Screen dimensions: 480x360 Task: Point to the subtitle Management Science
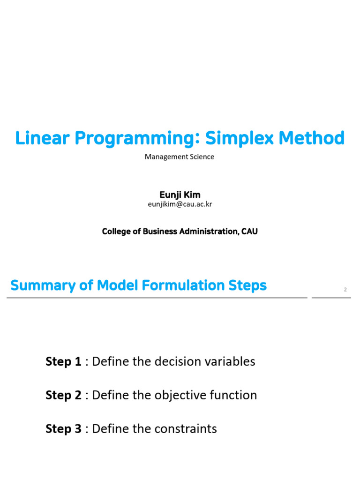[180, 157]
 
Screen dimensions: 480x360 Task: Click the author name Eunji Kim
[180, 195]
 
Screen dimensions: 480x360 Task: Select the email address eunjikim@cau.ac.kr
[180, 204]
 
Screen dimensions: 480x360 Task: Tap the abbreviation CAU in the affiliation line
[249, 232]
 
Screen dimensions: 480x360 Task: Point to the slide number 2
[345, 290]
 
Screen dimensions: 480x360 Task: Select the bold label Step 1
[63, 361]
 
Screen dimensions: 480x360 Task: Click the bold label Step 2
[63, 395]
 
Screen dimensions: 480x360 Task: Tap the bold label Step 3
[63, 429]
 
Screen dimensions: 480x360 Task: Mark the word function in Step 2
[232, 395]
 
